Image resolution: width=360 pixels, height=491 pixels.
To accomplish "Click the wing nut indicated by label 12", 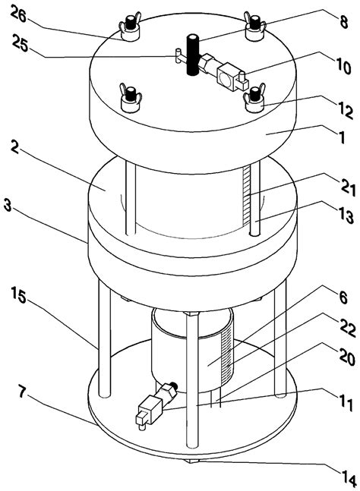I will (x=251, y=97).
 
